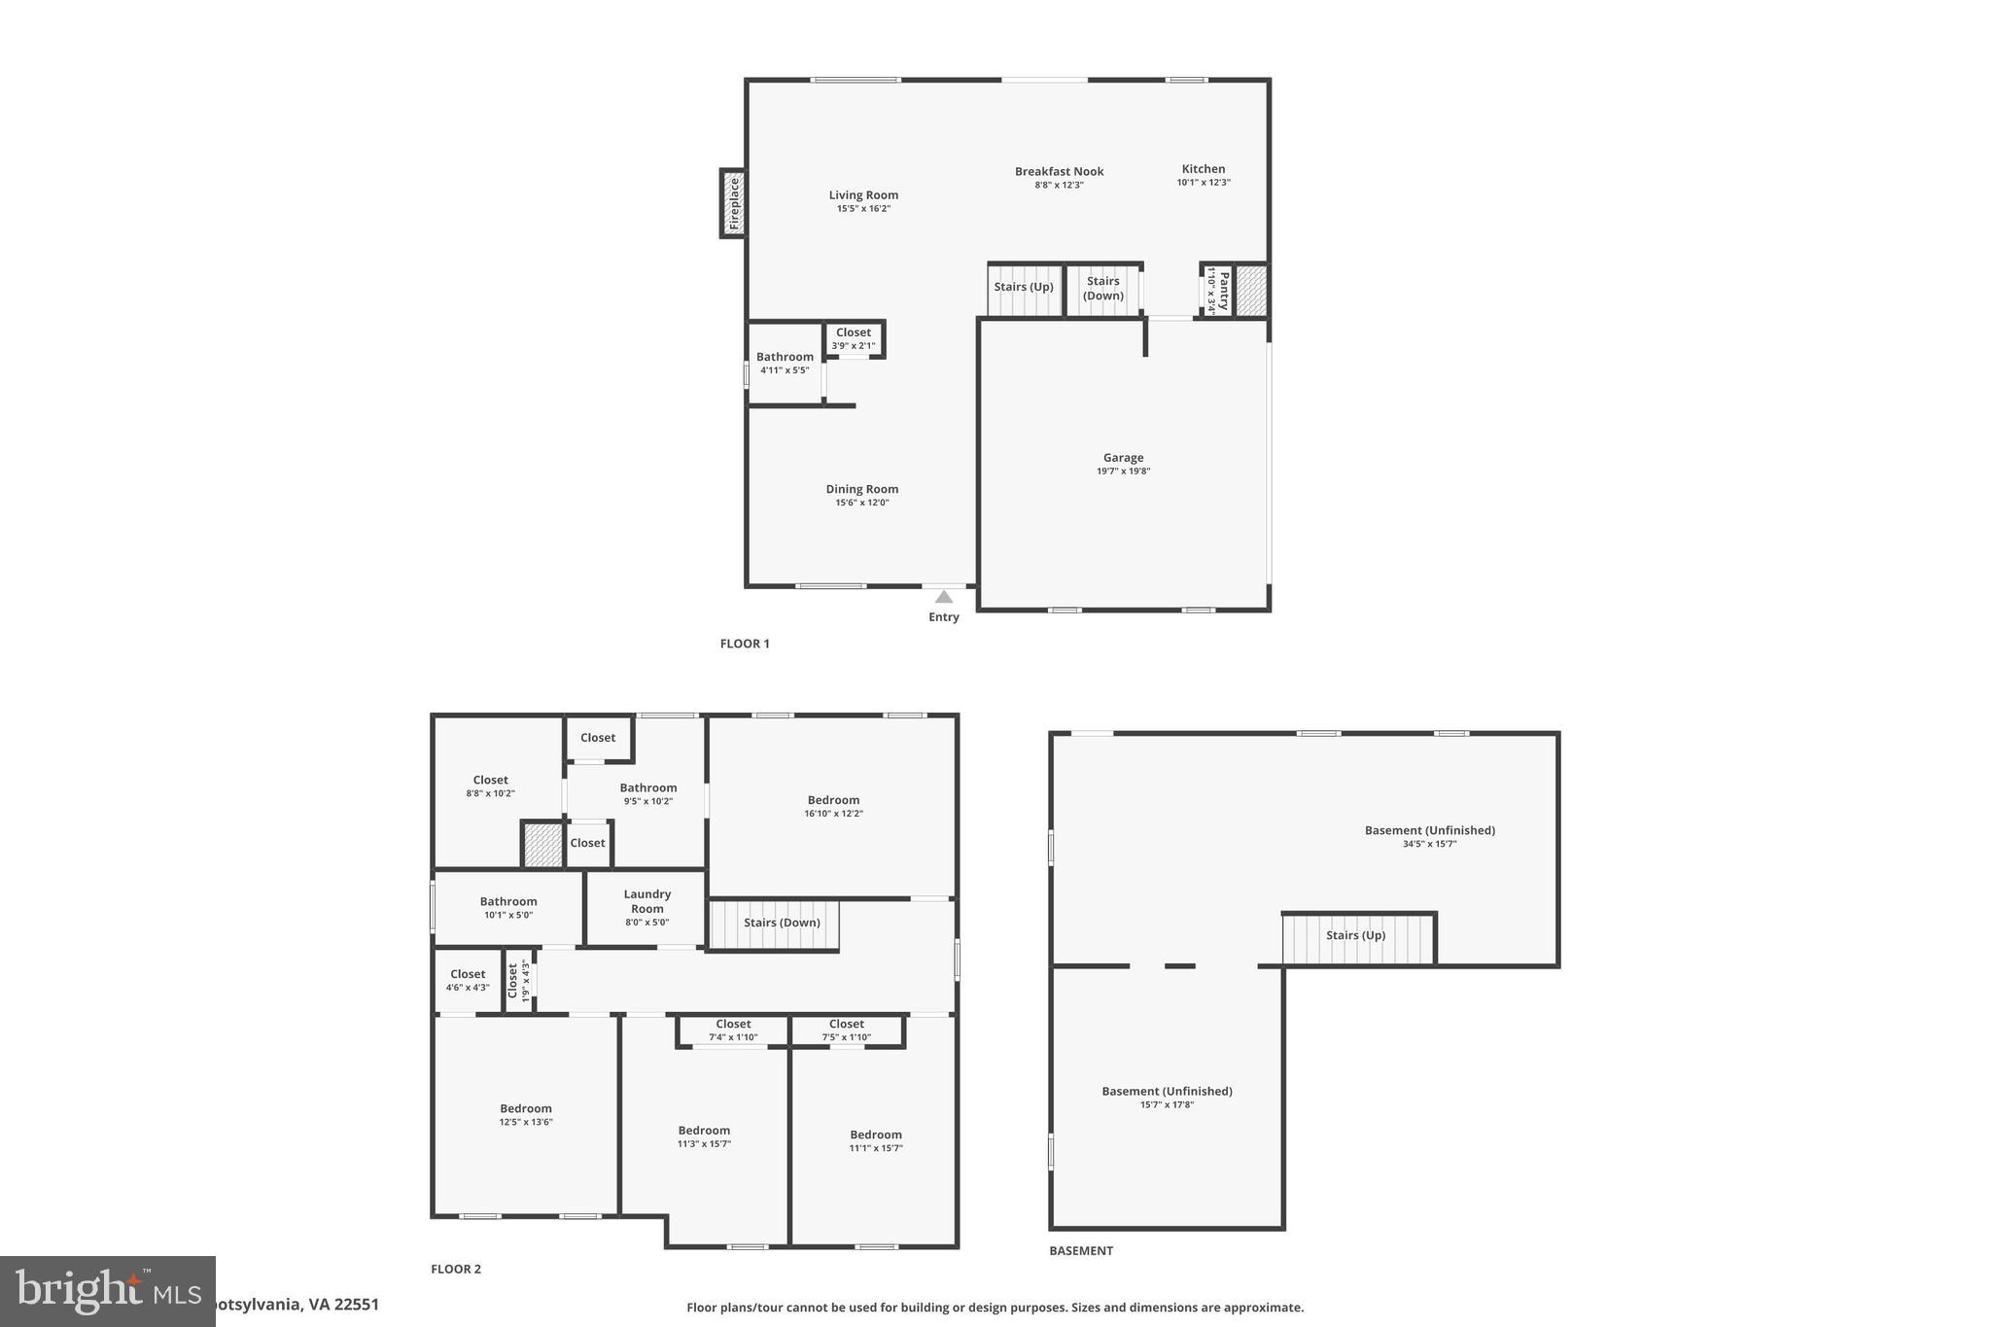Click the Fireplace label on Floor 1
point(734,203)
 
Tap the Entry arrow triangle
point(943,597)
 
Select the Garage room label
point(1123,458)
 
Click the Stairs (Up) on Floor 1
point(1024,288)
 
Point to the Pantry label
point(1223,291)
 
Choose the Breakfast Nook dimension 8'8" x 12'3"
point(1059,185)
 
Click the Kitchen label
point(1204,169)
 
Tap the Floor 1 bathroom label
point(785,357)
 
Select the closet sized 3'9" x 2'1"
point(854,339)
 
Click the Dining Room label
point(862,490)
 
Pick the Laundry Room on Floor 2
point(647,901)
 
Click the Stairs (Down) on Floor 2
point(782,923)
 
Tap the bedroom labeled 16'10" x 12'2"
point(833,807)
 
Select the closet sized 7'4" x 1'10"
point(733,1030)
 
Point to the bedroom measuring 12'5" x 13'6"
point(526,1115)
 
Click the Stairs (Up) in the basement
point(1355,936)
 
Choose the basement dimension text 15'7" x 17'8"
point(1167,1104)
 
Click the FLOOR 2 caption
point(456,1269)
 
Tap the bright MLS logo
point(107,1291)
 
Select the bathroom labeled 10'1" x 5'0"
point(508,908)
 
